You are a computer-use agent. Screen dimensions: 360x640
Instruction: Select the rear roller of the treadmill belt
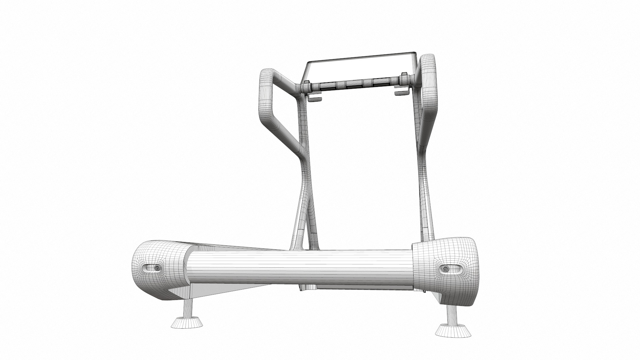point(300,268)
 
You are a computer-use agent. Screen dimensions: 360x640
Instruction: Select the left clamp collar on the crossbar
point(306,88)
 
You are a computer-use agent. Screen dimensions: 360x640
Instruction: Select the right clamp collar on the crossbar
point(404,80)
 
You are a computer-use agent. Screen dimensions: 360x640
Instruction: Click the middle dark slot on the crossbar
point(354,84)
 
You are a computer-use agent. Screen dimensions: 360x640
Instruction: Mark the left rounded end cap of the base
point(157,270)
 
